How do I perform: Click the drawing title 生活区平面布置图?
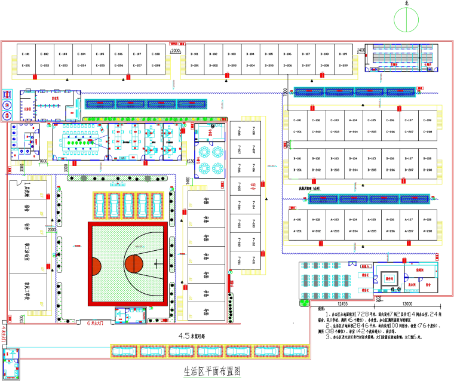(x=211, y=371)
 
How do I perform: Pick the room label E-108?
(x=157, y=54)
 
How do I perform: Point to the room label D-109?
(x=343, y=54)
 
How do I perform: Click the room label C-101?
(x=297, y=120)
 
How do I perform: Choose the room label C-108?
(x=428, y=120)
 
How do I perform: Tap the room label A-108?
(x=428, y=219)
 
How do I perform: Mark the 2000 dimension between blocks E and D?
(x=175, y=51)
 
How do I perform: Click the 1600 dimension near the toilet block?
(x=43, y=161)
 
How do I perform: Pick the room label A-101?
(x=297, y=219)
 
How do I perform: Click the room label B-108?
(x=428, y=159)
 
